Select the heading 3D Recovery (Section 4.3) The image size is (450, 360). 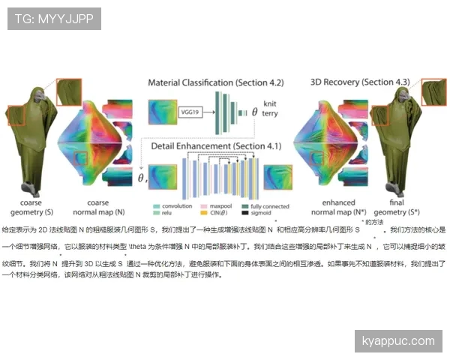[x=359, y=82]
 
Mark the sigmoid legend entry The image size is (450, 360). [x=254, y=214]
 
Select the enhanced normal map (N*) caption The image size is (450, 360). [x=328, y=208]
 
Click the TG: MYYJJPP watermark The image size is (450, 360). [x=54, y=19]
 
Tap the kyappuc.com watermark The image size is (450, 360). [x=397, y=341]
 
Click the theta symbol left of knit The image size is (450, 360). [x=254, y=111]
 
